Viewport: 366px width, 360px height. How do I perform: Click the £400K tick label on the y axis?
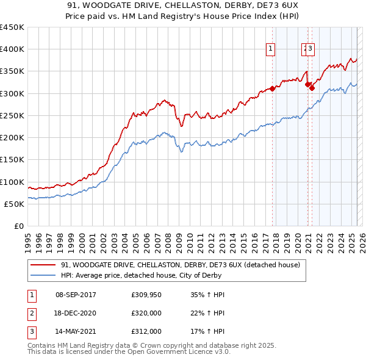12,49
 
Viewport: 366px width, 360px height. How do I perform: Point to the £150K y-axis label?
12,160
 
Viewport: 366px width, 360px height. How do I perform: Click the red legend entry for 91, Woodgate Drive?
180,265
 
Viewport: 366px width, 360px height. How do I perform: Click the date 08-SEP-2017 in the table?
76,295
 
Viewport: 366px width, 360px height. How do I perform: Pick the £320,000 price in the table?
146,313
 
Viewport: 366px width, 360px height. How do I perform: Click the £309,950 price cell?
146,295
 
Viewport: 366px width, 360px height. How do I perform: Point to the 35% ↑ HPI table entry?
207,295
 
